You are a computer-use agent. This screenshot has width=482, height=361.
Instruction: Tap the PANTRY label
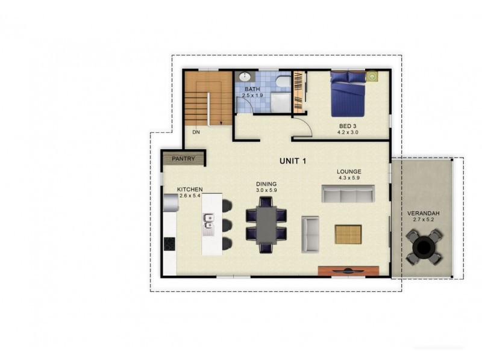point(183,159)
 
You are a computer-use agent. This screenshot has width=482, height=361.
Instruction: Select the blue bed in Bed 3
point(348,95)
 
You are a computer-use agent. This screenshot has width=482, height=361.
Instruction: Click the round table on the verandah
point(424,246)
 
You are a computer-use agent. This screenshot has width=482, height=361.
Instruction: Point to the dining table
point(266,224)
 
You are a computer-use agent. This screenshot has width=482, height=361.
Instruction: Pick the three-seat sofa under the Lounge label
point(348,194)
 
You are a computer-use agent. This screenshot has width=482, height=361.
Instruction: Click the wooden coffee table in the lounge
point(348,234)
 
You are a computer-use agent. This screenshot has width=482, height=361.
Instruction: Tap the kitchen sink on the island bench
point(209,223)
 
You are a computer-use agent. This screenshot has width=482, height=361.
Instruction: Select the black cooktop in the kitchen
point(169,244)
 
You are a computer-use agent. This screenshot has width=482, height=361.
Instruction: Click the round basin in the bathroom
point(245,77)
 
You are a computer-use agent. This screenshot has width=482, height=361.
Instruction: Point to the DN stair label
point(196,132)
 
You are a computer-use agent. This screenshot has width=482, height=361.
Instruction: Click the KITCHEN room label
point(189,190)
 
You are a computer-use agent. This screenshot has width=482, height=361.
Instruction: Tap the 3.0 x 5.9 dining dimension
point(266,191)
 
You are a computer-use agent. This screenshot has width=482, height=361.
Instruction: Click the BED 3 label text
point(348,126)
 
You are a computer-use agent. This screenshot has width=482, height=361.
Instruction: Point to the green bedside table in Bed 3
point(373,76)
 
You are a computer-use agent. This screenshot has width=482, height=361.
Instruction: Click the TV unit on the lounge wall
point(348,271)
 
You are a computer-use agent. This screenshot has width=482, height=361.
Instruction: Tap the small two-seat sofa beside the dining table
point(310,234)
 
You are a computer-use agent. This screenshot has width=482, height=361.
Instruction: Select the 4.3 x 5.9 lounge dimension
point(348,178)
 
